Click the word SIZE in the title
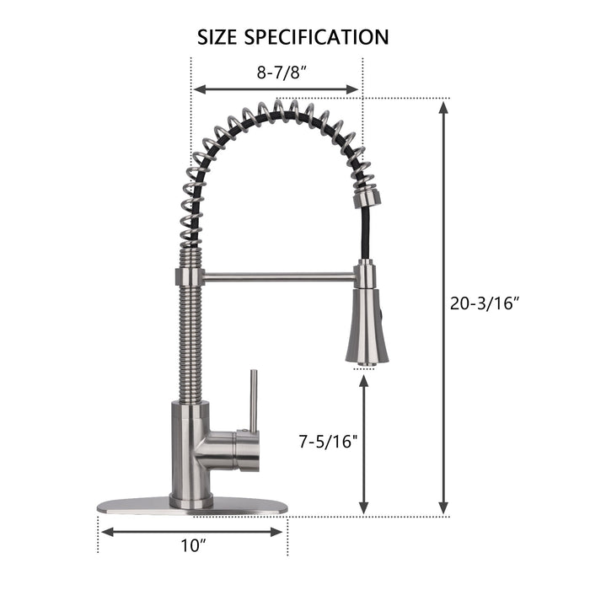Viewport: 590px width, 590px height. [217, 37]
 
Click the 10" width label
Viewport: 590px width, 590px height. [194, 545]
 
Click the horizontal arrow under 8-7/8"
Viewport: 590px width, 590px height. [276, 88]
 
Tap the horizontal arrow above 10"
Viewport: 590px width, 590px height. [193, 531]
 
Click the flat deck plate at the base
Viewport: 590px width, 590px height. [193, 509]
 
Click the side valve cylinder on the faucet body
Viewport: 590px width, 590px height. [239, 450]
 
